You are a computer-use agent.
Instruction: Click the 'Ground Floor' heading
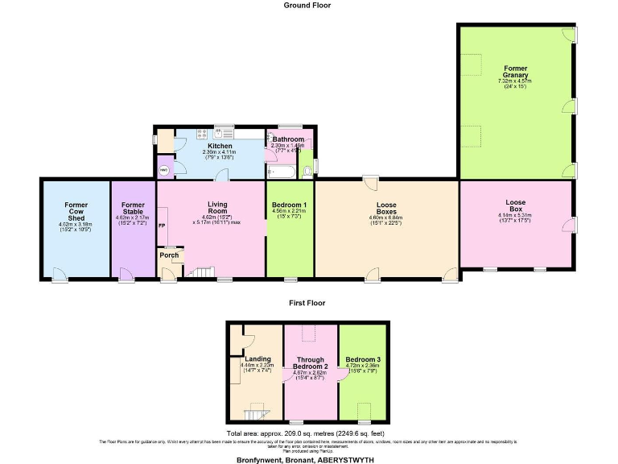tap(307, 5)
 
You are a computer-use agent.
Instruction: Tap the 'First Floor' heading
tap(307, 304)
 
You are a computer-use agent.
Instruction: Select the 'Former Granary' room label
tap(516, 72)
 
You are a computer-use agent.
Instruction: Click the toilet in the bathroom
tap(306, 171)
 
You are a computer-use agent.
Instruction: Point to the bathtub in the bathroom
tap(282, 172)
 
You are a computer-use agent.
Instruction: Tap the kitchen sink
tap(225, 134)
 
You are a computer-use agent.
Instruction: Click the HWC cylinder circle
tap(165, 170)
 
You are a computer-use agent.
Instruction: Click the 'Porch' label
tap(169, 255)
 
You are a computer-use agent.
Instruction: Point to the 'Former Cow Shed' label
tap(76, 212)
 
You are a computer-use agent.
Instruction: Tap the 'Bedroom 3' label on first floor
tap(363, 358)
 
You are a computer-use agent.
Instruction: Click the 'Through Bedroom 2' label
tap(310, 363)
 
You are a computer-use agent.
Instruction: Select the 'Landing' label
tap(257, 358)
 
